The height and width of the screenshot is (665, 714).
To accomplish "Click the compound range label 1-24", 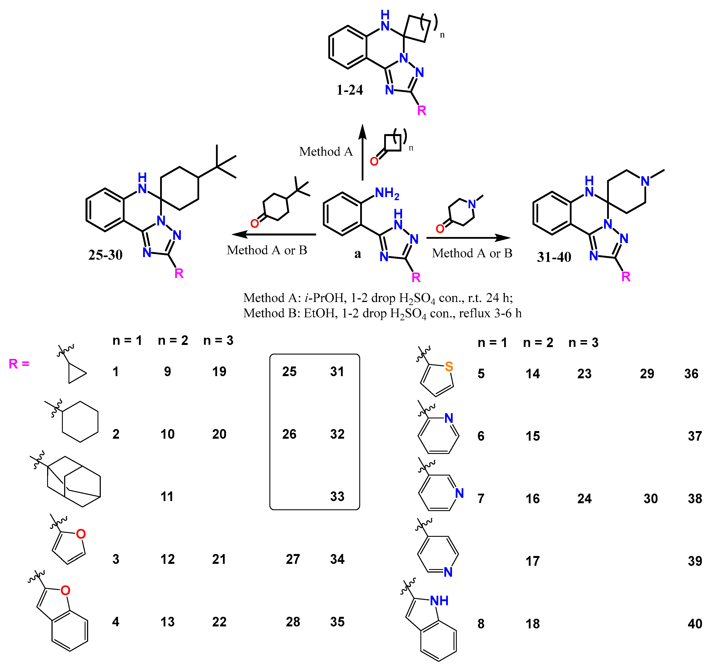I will click(x=349, y=90).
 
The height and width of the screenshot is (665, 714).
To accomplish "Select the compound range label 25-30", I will click(x=105, y=255).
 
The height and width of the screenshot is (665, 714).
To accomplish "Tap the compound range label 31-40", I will click(x=554, y=257).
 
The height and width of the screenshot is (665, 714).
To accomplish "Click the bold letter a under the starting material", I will click(x=357, y=254).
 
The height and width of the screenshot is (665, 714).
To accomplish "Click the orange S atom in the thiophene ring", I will click(x=449, y=367).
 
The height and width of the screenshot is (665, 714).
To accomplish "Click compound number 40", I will click(x=695, y=624).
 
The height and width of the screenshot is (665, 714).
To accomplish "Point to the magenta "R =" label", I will click(x=19, y=364).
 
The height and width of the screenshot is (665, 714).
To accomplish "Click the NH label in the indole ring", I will click(x=439, y=601).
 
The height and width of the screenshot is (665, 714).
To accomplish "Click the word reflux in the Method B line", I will click(x=475, y=313).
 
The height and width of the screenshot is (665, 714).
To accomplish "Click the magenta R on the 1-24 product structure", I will click(x=422, y=111).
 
